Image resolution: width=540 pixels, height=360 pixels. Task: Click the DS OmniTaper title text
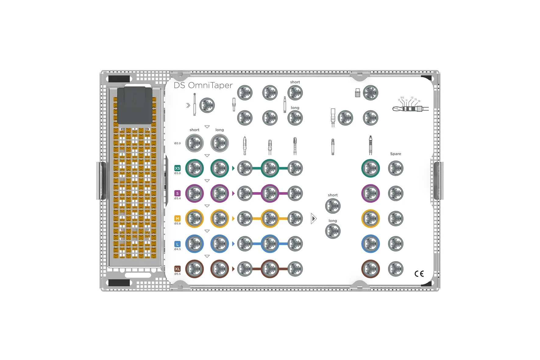pos(203,85)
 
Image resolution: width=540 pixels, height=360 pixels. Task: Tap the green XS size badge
pos(177,168)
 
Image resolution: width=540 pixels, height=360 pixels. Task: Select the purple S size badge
pos(177,193)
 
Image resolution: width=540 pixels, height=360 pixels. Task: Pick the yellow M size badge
pos(177,219)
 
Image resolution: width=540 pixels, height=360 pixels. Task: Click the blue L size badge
pos(177,244)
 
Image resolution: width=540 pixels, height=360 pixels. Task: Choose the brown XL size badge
pos(177,269)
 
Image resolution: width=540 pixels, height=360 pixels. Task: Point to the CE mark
pos(419,273)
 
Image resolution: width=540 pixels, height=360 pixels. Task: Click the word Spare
pos(396,154)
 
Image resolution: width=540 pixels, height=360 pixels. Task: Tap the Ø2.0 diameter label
pos(177,143)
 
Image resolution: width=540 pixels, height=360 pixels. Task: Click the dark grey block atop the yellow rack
pos(135,105)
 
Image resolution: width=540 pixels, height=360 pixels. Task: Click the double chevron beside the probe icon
pos(188,105)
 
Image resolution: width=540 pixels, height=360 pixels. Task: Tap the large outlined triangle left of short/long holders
pos(314,219)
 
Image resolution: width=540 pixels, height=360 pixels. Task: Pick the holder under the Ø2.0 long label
pos(219,143)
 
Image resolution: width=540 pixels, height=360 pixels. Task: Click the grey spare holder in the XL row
pos(396,269)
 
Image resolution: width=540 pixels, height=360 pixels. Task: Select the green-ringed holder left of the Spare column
pos(370,168)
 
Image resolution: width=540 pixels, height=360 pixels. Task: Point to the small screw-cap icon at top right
pos(358,93)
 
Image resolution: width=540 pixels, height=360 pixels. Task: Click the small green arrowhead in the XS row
pos(233,168)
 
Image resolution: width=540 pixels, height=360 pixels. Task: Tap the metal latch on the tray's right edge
pos(437,181)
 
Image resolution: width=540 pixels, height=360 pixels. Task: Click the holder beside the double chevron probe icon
pos(207,105)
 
